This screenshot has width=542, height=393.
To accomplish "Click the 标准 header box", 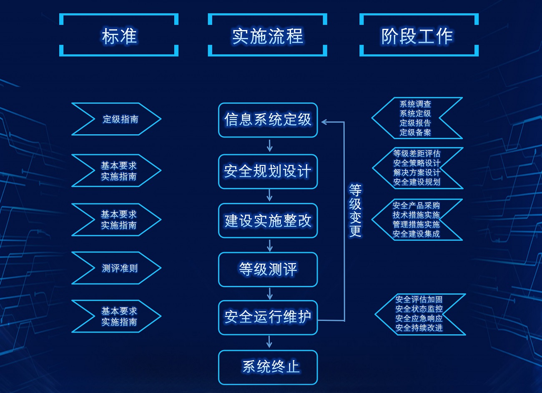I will (119, 36).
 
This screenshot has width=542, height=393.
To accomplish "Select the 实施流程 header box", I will (267, 36).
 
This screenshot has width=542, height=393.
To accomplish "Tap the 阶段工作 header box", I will (419, 36).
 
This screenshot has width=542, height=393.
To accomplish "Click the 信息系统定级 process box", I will (268, 120).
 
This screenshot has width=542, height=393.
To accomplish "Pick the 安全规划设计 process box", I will (268, 171).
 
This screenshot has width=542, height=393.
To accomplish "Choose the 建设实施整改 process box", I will (268, 221).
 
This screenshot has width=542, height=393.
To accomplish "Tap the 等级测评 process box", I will (268, 269).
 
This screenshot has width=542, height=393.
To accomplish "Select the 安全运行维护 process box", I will (268, 317).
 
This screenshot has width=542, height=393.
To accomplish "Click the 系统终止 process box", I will (268, 367).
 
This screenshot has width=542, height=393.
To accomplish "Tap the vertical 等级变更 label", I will (355, 210).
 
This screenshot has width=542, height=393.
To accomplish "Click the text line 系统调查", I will (415, 104).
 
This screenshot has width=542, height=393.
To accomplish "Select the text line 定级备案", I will (415, 133).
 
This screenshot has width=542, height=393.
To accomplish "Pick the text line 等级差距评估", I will (417, 153).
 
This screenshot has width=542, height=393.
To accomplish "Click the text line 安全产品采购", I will (416, 205).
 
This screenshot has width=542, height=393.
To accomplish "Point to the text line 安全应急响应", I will (419, 318).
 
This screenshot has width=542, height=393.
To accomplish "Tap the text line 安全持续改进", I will (419, 328).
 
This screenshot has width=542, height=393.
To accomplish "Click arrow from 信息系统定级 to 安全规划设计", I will (269, 146).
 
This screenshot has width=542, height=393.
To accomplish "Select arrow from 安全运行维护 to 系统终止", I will (269, 342).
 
